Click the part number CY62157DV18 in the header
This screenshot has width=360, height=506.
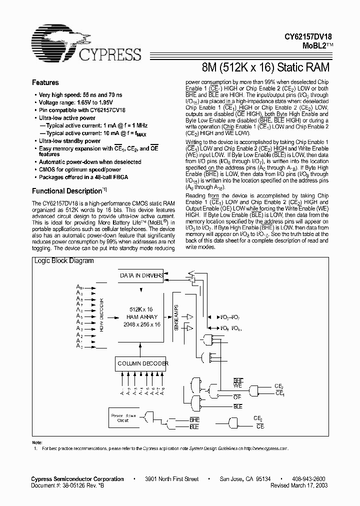307,37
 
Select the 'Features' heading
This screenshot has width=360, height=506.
45,82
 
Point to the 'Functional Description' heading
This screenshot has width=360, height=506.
67,191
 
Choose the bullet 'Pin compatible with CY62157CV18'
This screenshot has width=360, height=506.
78,109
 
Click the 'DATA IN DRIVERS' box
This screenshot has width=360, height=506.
141,274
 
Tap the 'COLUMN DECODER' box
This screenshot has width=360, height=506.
142,363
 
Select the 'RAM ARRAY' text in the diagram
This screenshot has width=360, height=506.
142,317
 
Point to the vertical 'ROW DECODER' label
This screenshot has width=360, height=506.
101,316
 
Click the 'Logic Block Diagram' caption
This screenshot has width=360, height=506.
63,261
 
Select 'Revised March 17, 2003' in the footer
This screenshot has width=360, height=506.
299,485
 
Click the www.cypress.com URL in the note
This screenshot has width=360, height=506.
272,449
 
